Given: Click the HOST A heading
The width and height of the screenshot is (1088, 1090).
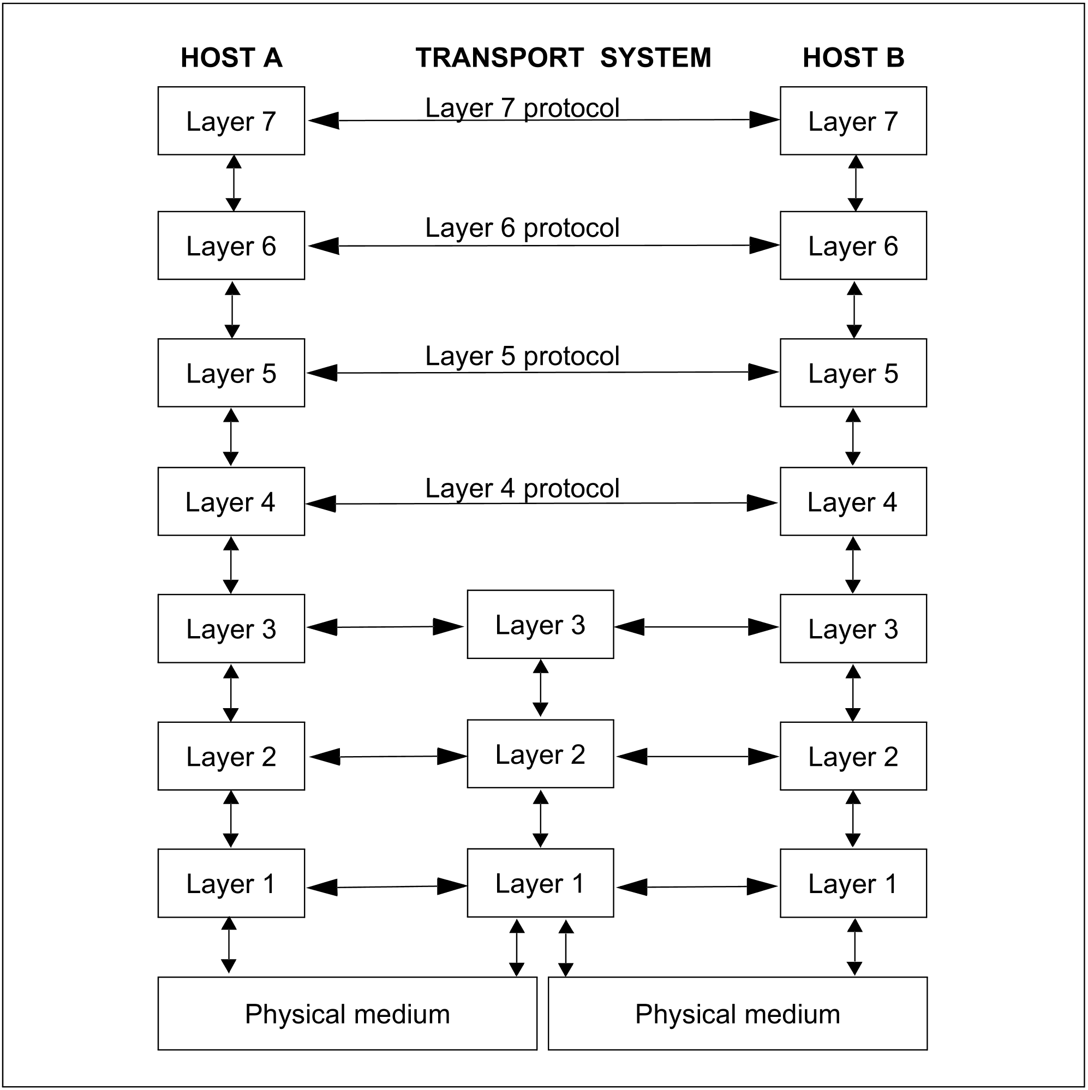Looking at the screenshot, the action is pos(231,57).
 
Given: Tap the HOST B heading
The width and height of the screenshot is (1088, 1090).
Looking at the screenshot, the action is pos(853,57).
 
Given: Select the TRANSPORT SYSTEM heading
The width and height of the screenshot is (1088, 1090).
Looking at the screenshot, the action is pos(563,57).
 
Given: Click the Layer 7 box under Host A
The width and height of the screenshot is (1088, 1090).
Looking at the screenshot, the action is pos(231,121).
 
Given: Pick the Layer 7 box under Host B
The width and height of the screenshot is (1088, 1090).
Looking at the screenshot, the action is pos(853,121).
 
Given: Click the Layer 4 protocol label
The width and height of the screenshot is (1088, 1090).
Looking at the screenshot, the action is pos(522,489).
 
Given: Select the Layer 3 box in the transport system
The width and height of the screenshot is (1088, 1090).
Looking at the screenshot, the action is pos(541,625).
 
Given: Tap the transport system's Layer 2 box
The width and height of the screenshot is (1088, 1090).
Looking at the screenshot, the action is pos(541,754).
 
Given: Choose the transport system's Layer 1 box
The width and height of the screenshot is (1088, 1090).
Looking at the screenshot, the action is pos(541,883).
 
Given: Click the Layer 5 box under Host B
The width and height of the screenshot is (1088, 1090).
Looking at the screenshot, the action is pos(853,373).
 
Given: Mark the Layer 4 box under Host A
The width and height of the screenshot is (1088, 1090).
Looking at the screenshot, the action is pos(231,501).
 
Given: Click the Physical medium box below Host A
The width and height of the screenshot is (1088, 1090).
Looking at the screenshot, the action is pos(348,1014).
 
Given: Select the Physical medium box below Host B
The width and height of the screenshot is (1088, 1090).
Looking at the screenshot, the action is pos(738,1014).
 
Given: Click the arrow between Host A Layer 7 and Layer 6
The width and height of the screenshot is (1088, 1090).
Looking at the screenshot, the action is pos(234,183).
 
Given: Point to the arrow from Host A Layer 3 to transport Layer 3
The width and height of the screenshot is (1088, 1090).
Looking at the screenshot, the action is pos(385,627).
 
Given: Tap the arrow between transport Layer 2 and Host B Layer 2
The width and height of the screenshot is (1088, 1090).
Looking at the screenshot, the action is pos(697,757).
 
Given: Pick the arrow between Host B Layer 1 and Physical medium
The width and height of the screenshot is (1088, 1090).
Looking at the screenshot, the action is pos(855,947).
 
